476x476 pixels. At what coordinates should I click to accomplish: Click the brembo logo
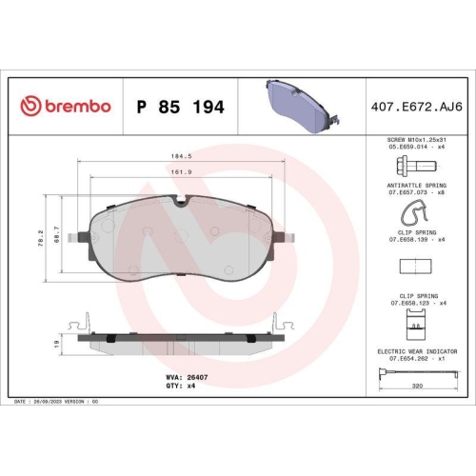click(65, 106)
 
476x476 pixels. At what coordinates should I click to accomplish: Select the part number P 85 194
click(181, 107)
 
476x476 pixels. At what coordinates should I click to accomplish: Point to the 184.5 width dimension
click(181, 155)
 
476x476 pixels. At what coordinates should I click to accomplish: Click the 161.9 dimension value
click(181, 172)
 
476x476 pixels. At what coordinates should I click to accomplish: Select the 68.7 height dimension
click(59, 233)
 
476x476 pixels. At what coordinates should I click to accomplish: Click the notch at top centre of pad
click(181, 201)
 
